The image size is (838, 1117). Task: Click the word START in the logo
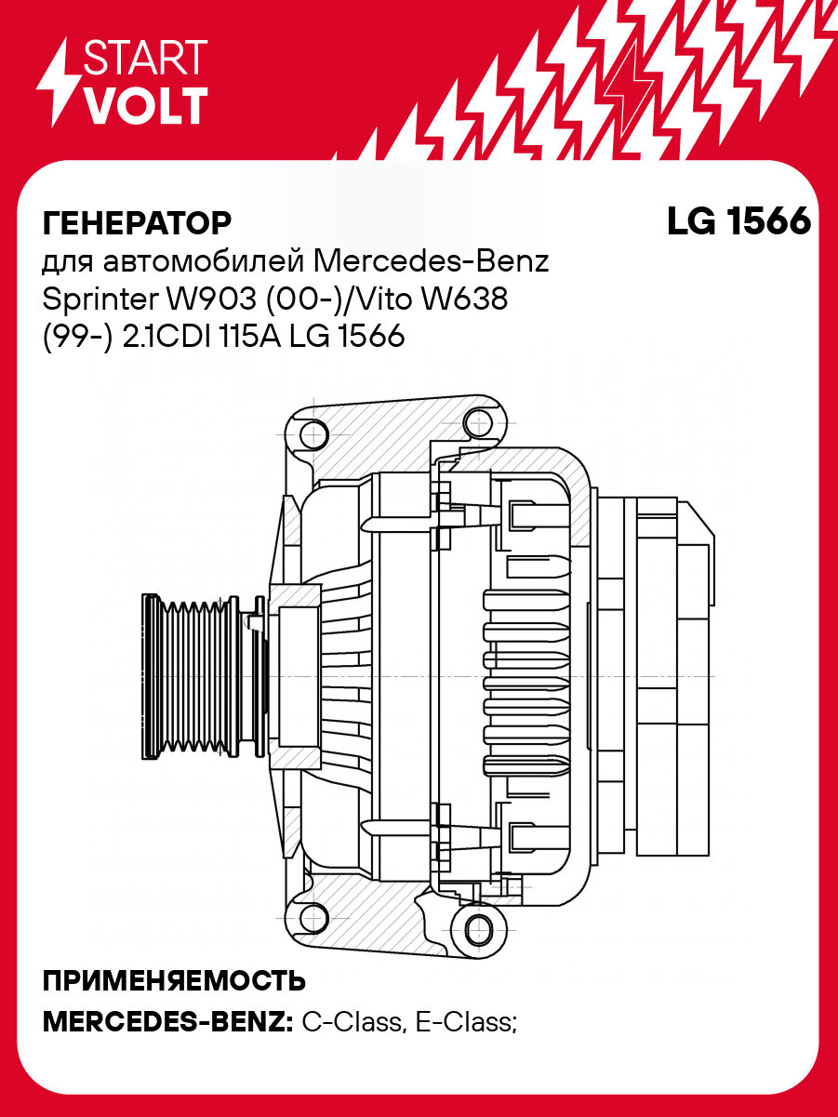point(145,59)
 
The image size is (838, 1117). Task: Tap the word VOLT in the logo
point(145,107)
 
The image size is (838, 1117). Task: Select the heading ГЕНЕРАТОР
point(137,223)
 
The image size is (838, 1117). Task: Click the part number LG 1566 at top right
point(738,222)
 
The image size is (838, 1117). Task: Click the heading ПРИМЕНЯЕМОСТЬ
point(175,981)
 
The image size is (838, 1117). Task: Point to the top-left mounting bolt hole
point(313,433)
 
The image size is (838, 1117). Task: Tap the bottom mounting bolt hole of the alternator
point(477,926)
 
